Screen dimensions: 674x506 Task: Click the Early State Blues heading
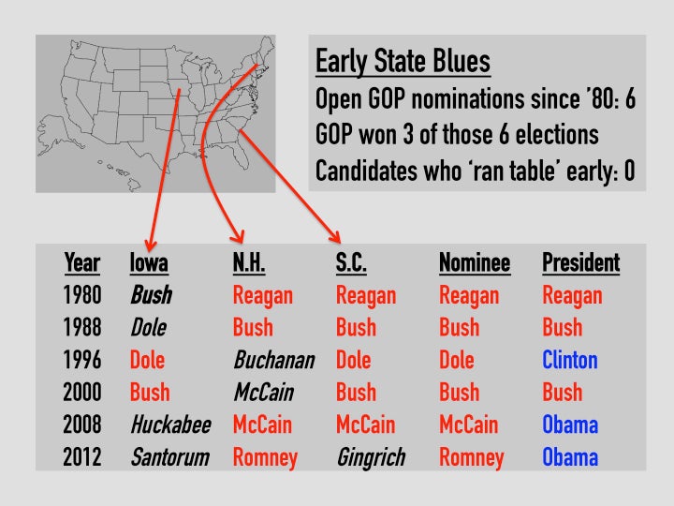tap(403, 61)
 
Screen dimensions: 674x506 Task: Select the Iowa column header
tap(149, 262)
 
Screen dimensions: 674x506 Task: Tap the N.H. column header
tap(249, 262)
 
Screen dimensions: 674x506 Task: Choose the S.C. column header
tap(351, 262)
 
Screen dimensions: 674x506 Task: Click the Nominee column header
tap(475, 262)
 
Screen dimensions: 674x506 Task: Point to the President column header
tap(580, 262)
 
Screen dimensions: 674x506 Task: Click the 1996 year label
tap(82, 360)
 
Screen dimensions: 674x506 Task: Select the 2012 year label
tap(82, 457)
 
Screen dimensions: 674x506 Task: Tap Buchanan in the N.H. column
tap(274, 360)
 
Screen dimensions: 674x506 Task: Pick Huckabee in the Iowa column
tap(170, 424)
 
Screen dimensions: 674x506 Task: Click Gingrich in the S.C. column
tap(371, 458)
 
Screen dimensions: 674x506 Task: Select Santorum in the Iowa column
tap(170, 457)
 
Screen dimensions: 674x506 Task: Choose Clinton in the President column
tap(570, 360)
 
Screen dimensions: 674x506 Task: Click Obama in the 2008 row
tap(570, 424)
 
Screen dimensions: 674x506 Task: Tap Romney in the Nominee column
tap(472, 458)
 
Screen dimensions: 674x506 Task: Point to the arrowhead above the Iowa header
tap(151, 245)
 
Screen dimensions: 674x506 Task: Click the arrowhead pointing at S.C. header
tap(335, 236)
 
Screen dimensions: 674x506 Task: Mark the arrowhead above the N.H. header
tap(237, 236)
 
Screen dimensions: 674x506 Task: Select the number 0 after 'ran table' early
tap(629, 171)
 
